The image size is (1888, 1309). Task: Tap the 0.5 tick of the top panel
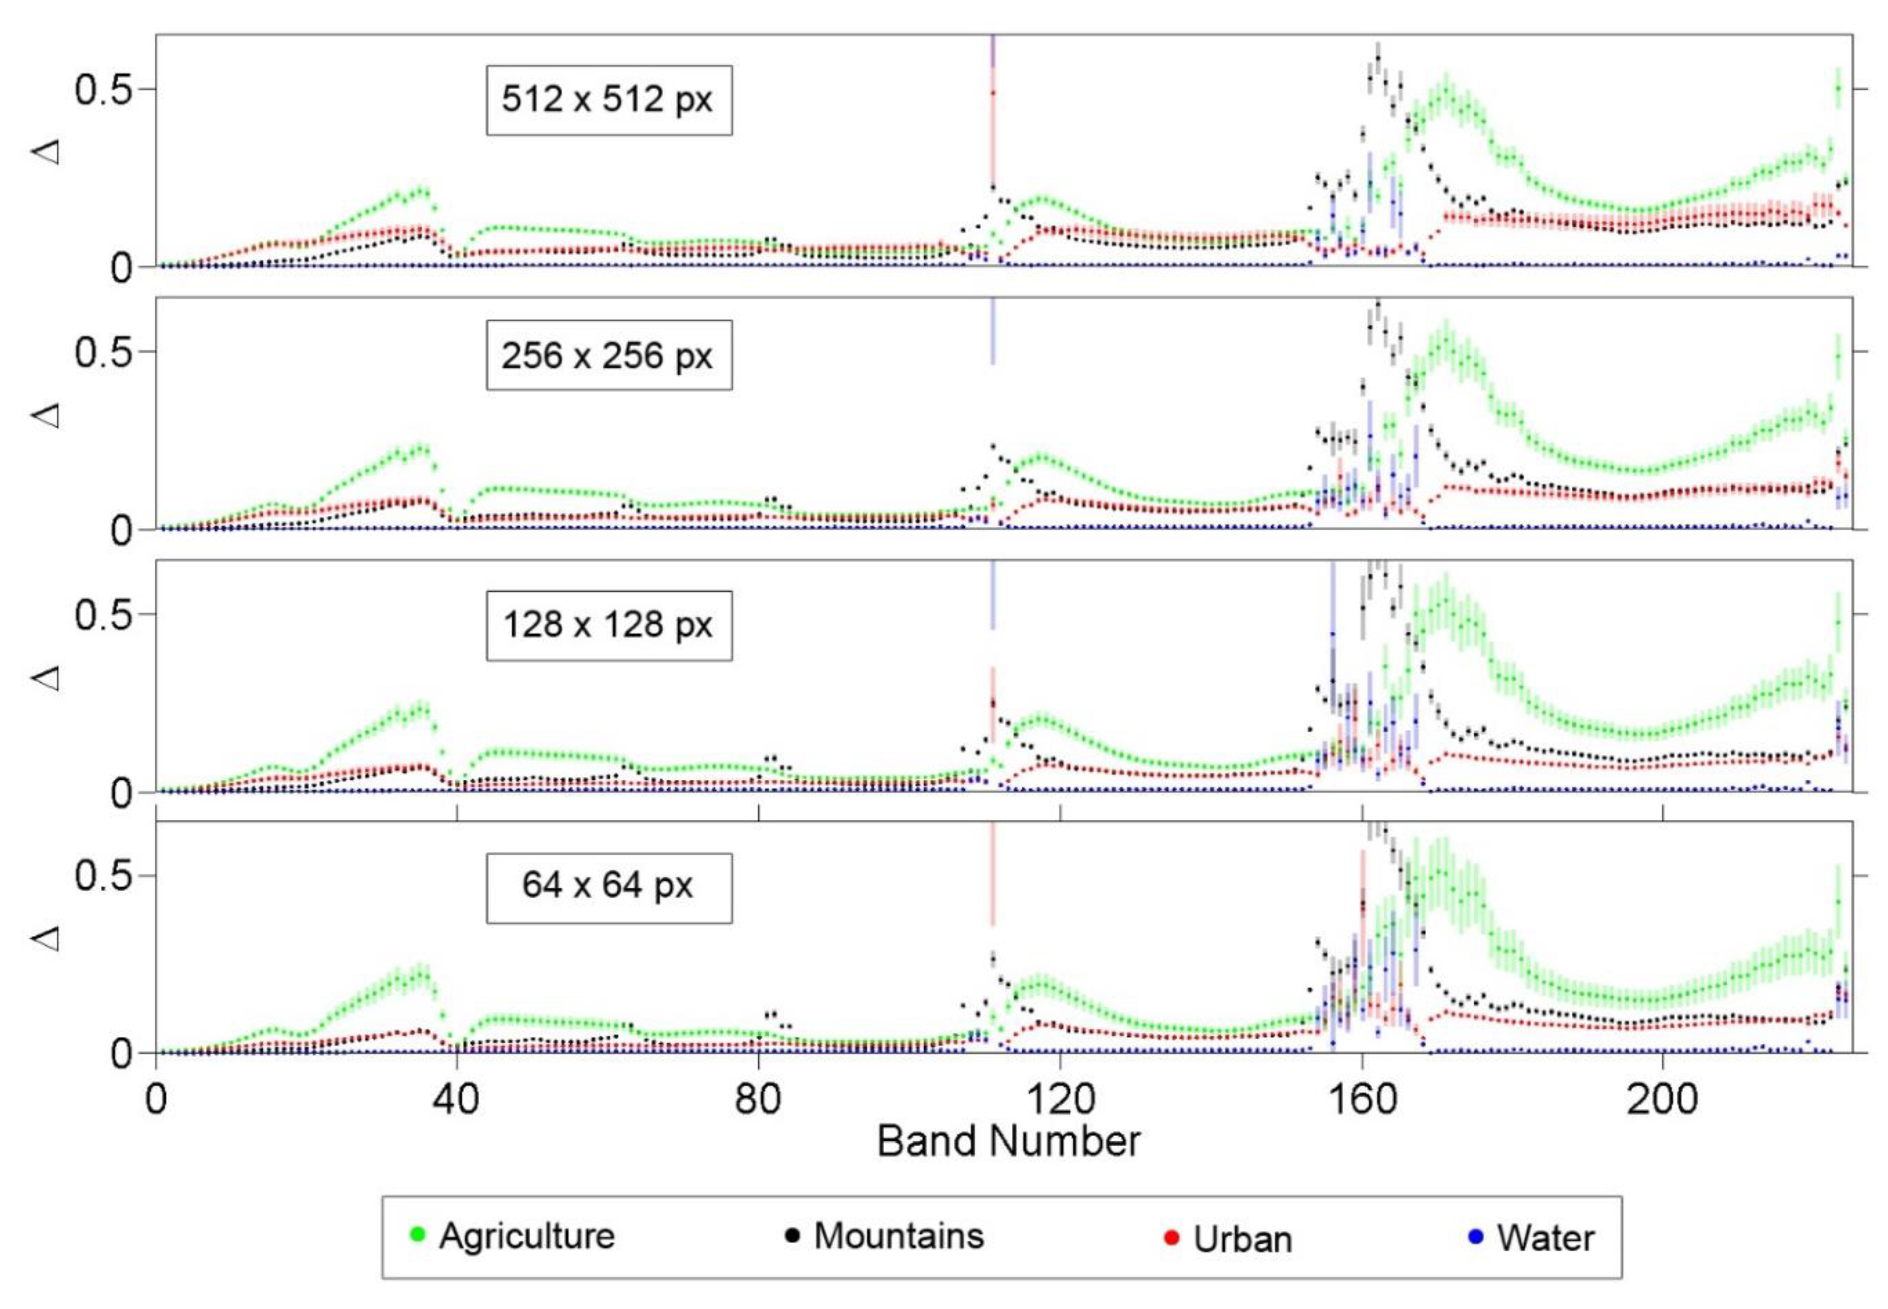[x=102, y=89]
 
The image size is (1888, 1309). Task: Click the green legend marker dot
[x=417, y=1233]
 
